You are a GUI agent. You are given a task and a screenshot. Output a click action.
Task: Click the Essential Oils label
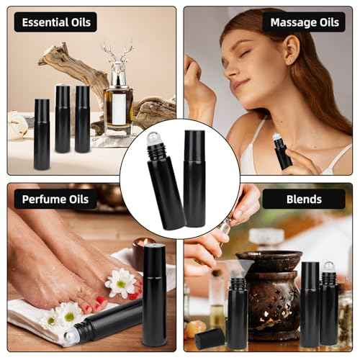pos(55,22)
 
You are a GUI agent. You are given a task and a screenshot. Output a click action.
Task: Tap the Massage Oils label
pos(304,22)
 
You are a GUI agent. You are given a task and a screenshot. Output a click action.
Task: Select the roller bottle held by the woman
pos(282,151)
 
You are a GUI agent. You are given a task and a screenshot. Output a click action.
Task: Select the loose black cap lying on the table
pos(209,337)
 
